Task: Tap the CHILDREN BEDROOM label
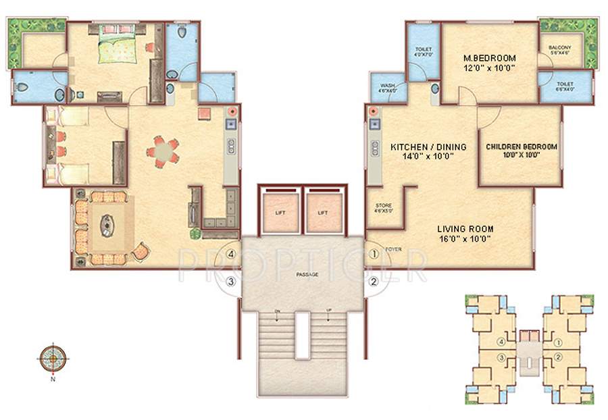point(521,147)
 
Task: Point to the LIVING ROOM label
point(464,229)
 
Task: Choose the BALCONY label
point(560,47)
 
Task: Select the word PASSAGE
point(307,274)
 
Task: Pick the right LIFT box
point(323,212)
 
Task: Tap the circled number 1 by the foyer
point(374,255)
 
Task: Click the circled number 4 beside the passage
point(232,255)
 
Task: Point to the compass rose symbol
point(52,357)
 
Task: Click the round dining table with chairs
point(163,152)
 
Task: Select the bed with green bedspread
point(120,49)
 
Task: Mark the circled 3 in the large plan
point(231,282)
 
